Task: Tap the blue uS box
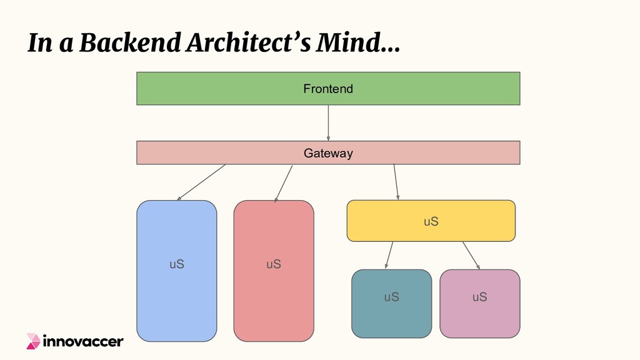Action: [x=177, y=294]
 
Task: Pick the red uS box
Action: [x=274, y=294]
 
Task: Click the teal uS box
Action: [x=391, y=312]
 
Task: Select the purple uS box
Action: [x=479, y=312]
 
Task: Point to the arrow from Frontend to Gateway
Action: [x=328, y=122]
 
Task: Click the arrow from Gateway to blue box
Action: [x=201, y=182]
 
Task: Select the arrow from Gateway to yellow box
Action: [x=396, y=182]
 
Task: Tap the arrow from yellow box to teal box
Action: [x=389, y=255]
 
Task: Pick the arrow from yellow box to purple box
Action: [x=471, y=255]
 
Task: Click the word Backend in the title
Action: [x=119, y=43]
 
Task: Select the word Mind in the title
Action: [x=352, y=43]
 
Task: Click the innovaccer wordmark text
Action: [x=83, y=341]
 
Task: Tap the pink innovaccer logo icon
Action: [x=33, y=341]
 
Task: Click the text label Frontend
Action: [x=328, y=89]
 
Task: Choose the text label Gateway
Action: [x=328, y=153]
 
